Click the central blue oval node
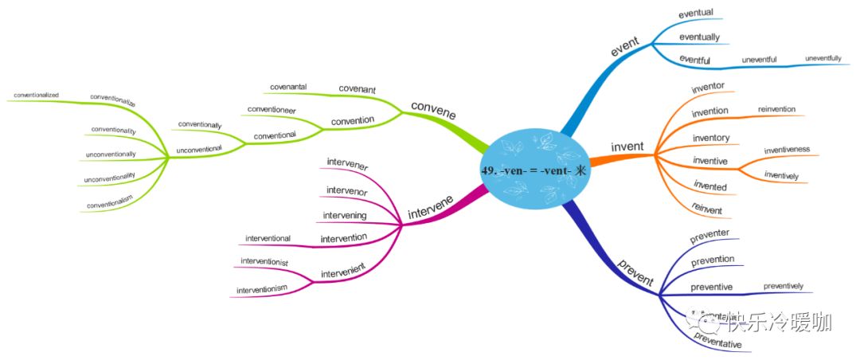pos(537,170)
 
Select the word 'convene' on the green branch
pos(434,109)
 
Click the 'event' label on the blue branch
pos(626,47)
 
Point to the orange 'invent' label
pos(627,147)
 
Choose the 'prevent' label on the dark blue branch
pos(635,271)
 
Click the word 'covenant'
pos(357,88)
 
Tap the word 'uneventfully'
pos(823,58)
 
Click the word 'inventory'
pos(710,138)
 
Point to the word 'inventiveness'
pos(787,149)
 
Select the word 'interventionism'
pos(261,289)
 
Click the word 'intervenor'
pos(346,190)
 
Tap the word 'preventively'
pos(783,285)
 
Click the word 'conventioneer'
pos(272,109)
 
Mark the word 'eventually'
pos(699,37)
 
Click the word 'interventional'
pos(268,238)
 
